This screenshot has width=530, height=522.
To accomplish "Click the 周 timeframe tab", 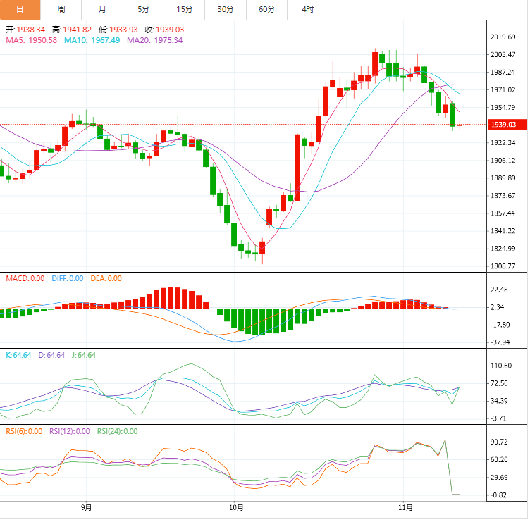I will [x=61, y=9].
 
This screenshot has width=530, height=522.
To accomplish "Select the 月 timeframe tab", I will [x=103, y=9].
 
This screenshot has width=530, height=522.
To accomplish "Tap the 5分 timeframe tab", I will [x=144, y=9].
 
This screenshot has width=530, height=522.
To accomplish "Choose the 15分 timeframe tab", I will [x=185, y=9].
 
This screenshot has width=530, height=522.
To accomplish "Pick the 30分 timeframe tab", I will [x=226, y=9].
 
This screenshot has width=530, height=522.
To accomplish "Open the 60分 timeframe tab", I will [x=267, y=9].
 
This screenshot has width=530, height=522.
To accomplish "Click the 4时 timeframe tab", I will [x=308, y=9].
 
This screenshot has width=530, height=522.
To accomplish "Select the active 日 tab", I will [x=20, y=9].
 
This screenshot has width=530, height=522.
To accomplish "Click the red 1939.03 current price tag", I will [x=505, y=125].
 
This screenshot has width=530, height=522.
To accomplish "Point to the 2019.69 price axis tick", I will [x=504, y=37].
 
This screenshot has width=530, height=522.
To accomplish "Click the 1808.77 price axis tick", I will [x=504, y=266].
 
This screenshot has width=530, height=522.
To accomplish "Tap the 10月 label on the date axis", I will [x=236, y=507].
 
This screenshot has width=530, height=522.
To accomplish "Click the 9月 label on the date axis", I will [x=86, y=507].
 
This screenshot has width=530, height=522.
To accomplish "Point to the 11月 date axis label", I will [x=405, y=507].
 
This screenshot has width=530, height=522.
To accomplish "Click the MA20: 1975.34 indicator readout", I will [x=154, y=41].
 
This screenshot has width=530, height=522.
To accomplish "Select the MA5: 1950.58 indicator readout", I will [x=32, y=41].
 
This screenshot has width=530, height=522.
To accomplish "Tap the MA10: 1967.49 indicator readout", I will [x=92, y=41].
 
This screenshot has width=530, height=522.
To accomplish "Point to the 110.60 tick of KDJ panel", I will [x=504, y=366].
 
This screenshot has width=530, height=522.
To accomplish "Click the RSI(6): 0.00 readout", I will [x=24, y=432].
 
